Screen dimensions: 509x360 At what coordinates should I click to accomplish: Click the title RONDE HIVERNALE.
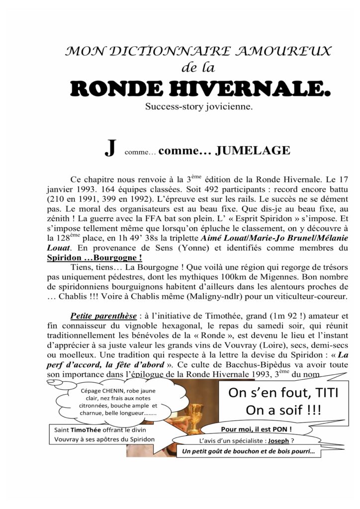point(200,89)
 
